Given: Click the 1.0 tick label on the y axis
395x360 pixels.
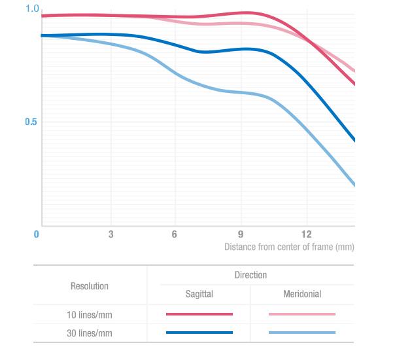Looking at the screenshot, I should point(32,9).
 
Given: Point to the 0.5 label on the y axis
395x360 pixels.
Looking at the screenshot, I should point(31,122).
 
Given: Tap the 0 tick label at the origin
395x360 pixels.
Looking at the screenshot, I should point(37,234).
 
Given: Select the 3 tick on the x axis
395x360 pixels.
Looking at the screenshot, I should point(111,234).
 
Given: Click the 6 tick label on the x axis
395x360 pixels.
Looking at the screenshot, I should point(175,234).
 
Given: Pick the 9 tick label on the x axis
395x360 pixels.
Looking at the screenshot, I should point(241,234).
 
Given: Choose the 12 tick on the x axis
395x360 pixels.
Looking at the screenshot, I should point(307,234).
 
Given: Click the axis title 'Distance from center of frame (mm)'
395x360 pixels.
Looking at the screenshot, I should point(288,247).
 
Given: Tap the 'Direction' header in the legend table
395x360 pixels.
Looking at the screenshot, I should point(250,275).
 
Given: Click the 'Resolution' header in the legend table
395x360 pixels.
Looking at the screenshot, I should point(90,286).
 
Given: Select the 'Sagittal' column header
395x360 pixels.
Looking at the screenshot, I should point(199,295).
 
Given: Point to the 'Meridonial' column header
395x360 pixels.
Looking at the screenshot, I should point(302,295).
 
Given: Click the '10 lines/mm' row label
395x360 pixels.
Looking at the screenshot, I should point(90,315).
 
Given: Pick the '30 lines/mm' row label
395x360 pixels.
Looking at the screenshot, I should point(90,333).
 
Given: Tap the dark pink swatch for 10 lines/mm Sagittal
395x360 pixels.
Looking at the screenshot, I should point(199,314).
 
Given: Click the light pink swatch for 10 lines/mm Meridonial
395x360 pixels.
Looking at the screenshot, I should point(302,314).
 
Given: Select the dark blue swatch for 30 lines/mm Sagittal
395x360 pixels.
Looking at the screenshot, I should point(199,333).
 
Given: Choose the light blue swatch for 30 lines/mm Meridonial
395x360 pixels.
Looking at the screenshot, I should point(302,333).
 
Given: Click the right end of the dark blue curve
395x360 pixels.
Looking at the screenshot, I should point(354,139).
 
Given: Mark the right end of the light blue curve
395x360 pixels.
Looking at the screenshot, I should point(354,185).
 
